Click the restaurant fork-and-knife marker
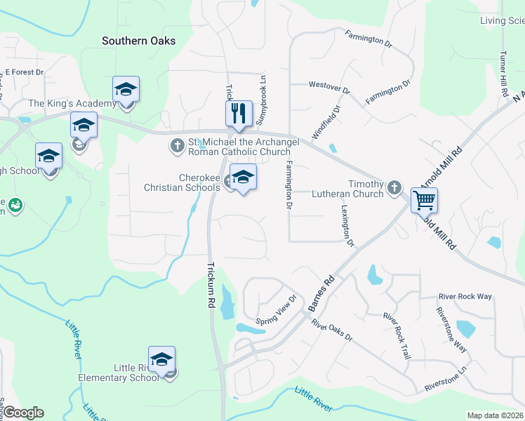click(x=239, y=113)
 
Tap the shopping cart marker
click(x=424, y=200)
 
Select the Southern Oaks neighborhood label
click(x=139, y=41)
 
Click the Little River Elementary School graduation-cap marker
click(x=161, y=359)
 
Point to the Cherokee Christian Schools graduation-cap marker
click(x=243, y=178)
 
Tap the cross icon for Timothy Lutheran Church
click(x=394, y=187)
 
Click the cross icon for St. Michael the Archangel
click(x=177, y=146)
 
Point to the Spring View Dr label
click(x=277, y=314)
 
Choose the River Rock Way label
click(x=465, y=296)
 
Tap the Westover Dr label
click(x=329, y=87)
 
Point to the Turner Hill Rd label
click(x=503, y=74)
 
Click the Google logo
click(x=23, y=413)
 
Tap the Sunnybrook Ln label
click(x=262, y=100)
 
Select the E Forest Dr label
click(x=24, y=72)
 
